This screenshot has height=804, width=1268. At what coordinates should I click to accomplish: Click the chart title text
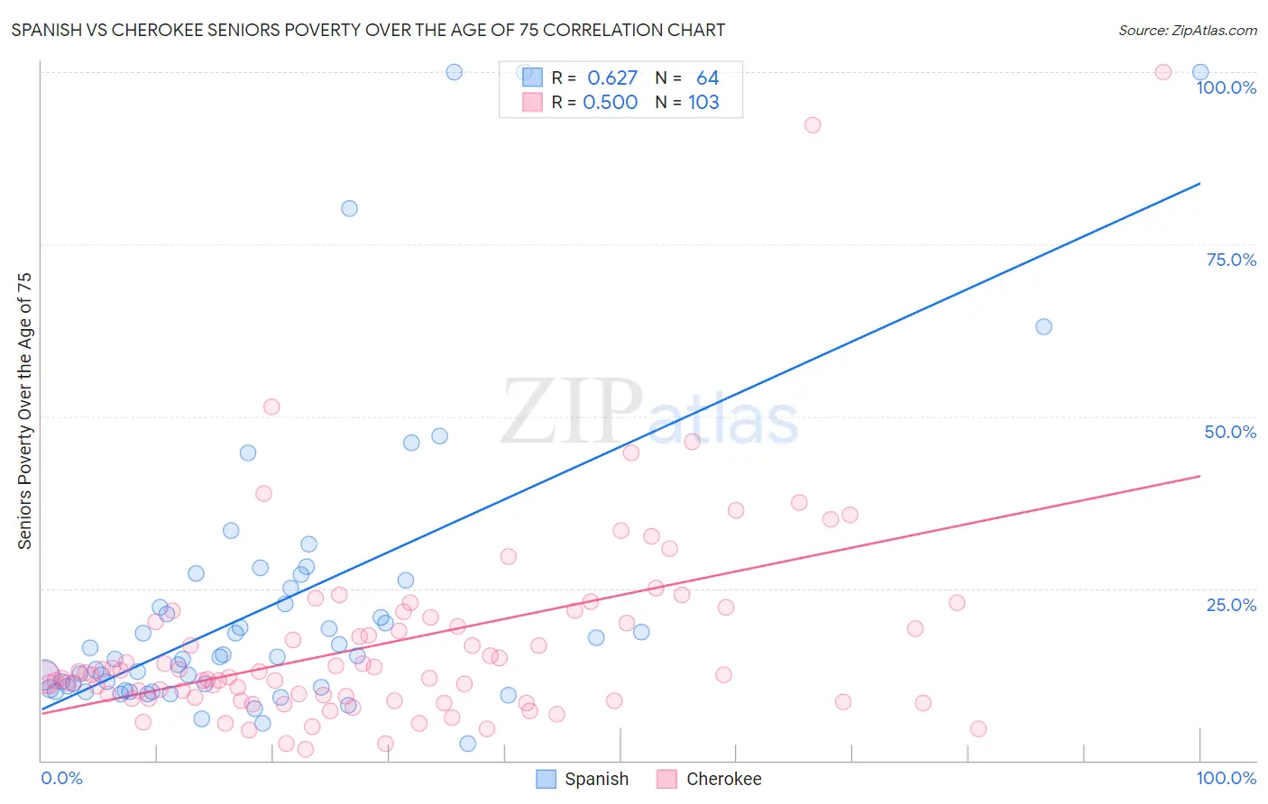point(368,31)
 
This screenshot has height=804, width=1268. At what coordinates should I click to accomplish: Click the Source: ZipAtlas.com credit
point(1187,31)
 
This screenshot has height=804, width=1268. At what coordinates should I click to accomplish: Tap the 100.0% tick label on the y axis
point(1226,87)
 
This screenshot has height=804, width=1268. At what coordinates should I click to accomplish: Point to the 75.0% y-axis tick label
point(1230,260)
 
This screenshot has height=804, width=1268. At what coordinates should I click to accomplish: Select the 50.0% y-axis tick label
point(1230,432)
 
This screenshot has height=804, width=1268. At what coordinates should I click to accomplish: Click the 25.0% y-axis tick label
point(1230,605)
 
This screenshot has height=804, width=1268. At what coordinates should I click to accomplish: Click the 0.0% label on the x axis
point(61,778)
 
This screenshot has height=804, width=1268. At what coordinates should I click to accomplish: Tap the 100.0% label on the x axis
point(1226,778)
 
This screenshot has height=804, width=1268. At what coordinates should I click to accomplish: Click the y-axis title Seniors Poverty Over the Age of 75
point(24,411)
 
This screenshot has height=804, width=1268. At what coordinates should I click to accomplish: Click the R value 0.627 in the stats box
point(611,78)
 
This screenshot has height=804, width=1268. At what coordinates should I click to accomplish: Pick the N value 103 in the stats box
point(703,103)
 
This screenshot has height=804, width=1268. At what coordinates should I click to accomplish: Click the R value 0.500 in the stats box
point(610,103)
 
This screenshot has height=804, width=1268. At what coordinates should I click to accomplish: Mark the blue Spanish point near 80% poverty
point(349,208)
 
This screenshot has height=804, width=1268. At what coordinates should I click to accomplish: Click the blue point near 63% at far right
point(1043,326)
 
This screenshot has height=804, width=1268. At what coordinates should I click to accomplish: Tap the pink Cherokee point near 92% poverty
point(813,125)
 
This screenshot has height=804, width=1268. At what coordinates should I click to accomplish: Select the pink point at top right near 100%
point(1163,72)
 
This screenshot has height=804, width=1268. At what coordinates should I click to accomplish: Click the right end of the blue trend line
point(1199,184)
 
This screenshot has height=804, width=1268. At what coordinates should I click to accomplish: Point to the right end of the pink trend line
point(1199,476)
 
